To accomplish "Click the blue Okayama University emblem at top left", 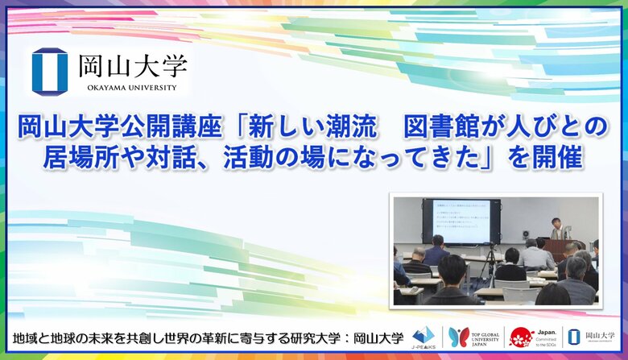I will coord(49,70).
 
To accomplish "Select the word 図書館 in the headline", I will coord(438,127).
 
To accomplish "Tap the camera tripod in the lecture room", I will coord(486,270).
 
